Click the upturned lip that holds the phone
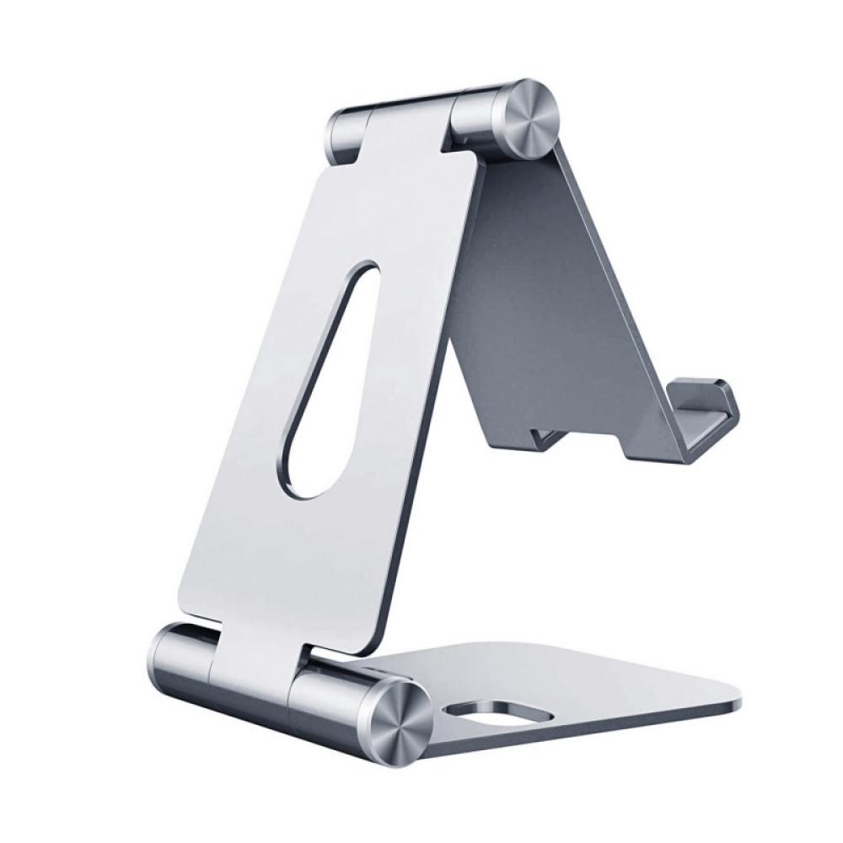tap(708, 413)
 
